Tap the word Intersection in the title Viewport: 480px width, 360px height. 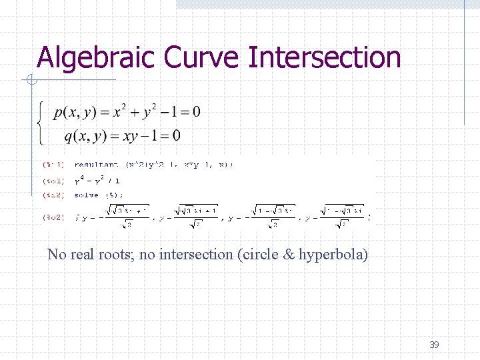pos(325,57)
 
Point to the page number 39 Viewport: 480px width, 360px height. pos(434,345)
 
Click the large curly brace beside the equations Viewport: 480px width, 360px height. pos(41,123)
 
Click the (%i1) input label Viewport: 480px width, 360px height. pos(53,164)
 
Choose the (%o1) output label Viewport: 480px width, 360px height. pos(53,181)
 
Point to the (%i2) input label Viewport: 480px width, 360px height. pos(53,195)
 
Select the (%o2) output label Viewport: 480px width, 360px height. pos(53,217)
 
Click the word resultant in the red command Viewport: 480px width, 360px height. pos(96,164)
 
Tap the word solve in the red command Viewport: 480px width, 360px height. pos(86,195)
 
